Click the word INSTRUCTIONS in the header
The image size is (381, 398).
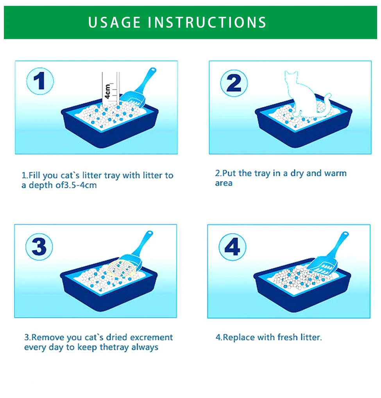[207, 22]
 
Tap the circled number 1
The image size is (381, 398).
[40, 81]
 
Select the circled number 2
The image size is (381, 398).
[234, 83]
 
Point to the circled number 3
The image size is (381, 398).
[39, 246]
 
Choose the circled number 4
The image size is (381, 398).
[233, 247]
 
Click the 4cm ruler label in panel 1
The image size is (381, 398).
[107, 91]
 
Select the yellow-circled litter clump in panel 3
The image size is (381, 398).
[121, 269]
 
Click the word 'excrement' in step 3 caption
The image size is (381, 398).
[151, 337]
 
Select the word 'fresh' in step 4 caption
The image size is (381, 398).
[288, 337]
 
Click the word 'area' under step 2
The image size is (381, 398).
[224, 183]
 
